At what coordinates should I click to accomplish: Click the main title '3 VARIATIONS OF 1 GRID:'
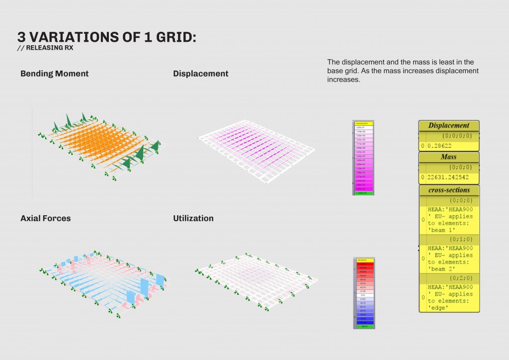coord(106,37)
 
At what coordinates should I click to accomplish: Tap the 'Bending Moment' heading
coord(54,74)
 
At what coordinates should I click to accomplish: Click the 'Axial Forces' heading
coord(45,218)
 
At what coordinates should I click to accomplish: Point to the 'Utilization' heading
coord(193,218)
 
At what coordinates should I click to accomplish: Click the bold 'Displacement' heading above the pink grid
coord(200,74)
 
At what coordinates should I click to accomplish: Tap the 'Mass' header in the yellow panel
coord(448,157)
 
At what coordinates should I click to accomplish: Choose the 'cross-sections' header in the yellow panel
coord(449,190)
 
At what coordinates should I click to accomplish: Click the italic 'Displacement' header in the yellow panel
coord(448,125)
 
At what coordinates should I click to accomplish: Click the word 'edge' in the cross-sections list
coord(437,308)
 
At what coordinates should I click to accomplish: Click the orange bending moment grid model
coord(99,144)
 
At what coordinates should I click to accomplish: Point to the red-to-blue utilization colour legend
coord(365,293)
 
